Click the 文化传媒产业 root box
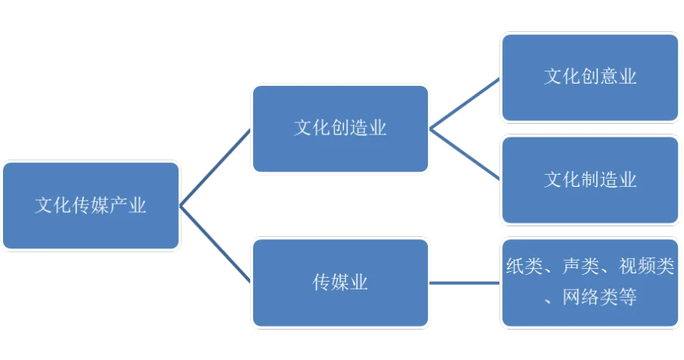[90, 205]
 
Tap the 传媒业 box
[340, 283]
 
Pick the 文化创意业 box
[590, 77]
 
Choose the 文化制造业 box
[590, 180]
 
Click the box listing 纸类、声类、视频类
[590, 283]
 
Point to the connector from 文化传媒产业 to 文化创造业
[215, 167]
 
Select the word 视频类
[646, 267]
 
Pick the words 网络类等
[600, 298]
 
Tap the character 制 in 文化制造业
[591, 180]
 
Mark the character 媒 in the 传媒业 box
[340, 283]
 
